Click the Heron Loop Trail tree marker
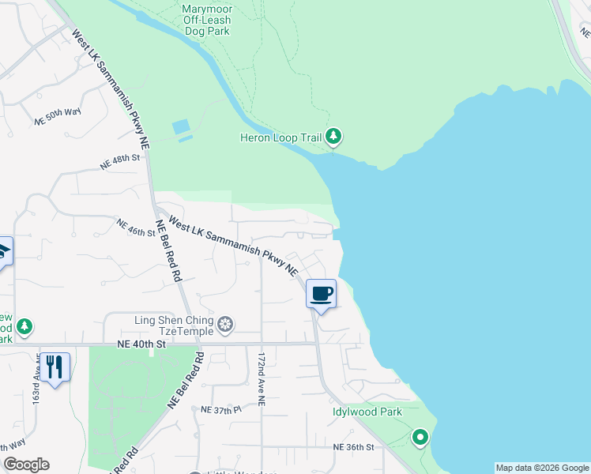tap(334, 137)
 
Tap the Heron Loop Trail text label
tap(280, 138)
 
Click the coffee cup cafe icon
tap(321, 294)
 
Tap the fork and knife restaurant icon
tap(54, 367)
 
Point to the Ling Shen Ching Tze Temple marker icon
tap(226, 325)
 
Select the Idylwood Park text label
tap(367, 412)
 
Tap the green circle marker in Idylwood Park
tap(420, 437)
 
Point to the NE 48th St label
tap(119, 162)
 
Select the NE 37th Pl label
tap(220, 410)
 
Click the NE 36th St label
tap(352, 447)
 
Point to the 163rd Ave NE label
tap(36, 384)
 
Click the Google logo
tap(26, 465)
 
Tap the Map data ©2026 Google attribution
tap(542, 468)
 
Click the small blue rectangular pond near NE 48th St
tap(181, 126)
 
